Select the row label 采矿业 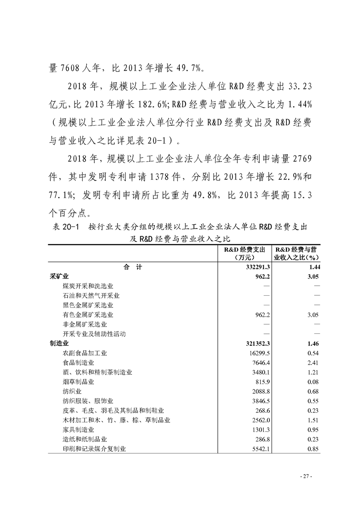[x=59, y=276]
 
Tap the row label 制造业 [x=59, y=343]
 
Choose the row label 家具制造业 [x=79, y=430]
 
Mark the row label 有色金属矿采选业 [x=89, y=315]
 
